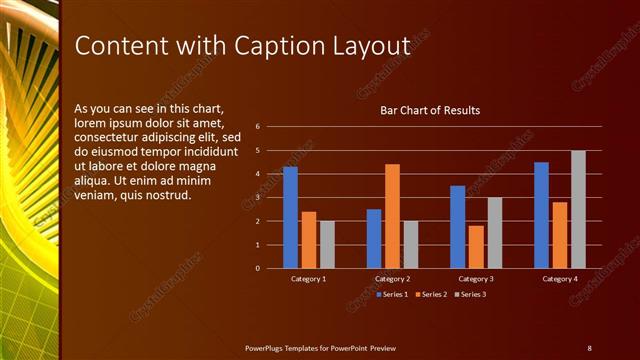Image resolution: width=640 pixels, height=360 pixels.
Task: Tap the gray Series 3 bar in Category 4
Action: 578,209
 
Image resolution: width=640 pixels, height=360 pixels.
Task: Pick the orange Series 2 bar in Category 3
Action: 476,247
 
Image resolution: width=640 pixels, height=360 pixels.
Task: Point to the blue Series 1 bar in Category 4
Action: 541,215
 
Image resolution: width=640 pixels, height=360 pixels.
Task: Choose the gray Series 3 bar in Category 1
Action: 327,244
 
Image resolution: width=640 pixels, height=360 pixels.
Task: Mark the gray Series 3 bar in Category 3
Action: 494,232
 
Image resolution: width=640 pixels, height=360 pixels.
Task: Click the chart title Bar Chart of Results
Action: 430,110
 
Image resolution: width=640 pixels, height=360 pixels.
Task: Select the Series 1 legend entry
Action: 394,294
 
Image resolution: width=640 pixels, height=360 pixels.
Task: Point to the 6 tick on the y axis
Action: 258,127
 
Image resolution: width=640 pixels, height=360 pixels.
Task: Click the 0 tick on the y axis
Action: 258,268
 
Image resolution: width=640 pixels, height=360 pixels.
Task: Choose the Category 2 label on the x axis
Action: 392,279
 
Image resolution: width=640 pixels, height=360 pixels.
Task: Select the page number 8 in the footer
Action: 589,347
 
